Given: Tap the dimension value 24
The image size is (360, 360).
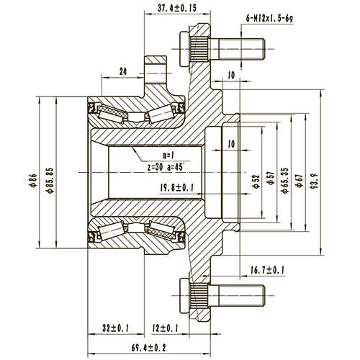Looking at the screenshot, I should tap(124, 72).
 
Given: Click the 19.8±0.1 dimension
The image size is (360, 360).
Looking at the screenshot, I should tap(177, 189).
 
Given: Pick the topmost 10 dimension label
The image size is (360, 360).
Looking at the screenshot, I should tap(230, 76).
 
